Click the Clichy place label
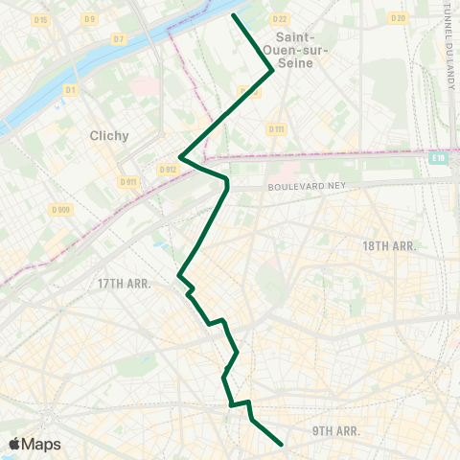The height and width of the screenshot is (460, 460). point(107,135)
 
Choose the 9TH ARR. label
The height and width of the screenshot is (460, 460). point(336,431)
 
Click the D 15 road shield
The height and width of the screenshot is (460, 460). point(40,19)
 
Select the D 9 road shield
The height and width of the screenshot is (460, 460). point(89,19)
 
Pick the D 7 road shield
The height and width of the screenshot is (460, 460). point(119,39)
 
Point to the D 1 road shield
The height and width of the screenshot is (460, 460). point(70,90)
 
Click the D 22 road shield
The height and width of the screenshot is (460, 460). point(279,19)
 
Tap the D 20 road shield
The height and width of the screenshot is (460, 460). point(399,18)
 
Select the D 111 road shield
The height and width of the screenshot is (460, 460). point(276,128)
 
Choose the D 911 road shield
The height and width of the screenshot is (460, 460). point(126,181)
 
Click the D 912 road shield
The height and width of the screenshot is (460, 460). point(168,170)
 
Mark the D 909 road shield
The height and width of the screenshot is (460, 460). point(60,210)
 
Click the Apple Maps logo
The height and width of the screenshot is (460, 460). point(35,444)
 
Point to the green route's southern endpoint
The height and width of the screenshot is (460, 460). point(281,444)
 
